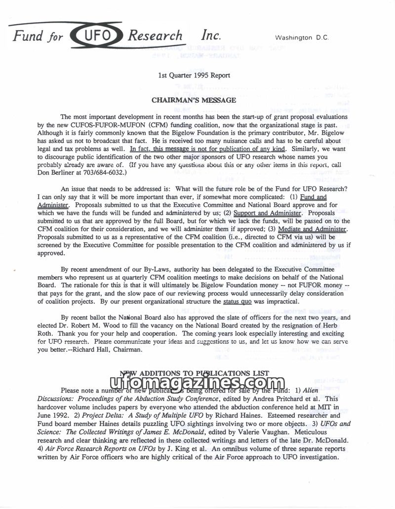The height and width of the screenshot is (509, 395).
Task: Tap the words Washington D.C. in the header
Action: [x=301, y=37]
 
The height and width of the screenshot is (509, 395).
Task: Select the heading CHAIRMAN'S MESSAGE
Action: [x=194, y=100]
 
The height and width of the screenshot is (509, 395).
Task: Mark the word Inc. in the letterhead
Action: [x=210, y=36]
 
